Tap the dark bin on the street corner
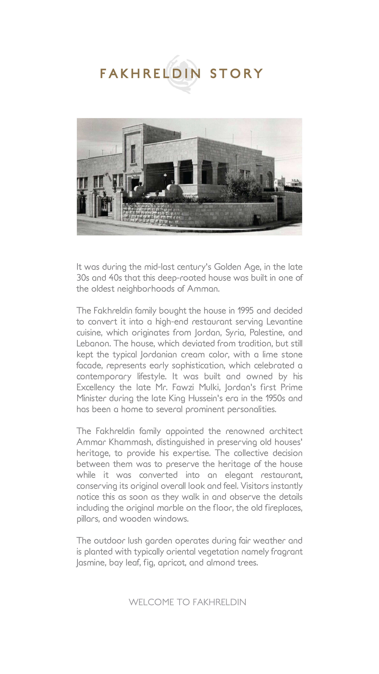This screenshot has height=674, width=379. (257, 220)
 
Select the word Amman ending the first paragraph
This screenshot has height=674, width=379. (203, 289)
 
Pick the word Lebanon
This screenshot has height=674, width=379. (93, 344)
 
